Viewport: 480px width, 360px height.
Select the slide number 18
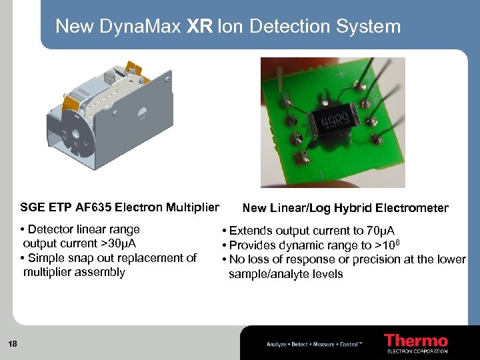tap(13, 343)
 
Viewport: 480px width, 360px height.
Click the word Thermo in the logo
tap(415, 341)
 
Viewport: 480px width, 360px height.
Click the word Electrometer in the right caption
tap(417, 208)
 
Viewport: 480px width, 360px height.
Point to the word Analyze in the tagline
tap(276, 344)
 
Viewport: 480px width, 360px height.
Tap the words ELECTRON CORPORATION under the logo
tap(417, 351)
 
